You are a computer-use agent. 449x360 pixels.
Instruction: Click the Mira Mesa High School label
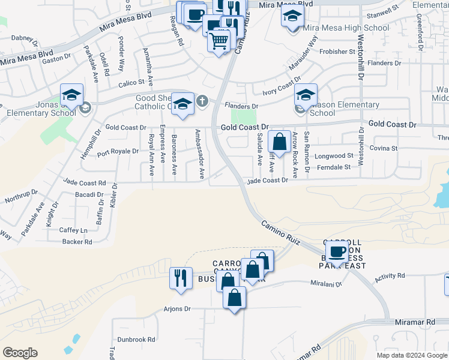346,28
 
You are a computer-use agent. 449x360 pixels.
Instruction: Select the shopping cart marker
220,41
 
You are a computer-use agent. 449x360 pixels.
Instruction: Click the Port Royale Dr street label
118,151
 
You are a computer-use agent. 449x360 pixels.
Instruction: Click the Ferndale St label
334,167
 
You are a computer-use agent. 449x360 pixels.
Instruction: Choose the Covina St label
384,148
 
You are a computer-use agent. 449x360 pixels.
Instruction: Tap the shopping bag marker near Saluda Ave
280,142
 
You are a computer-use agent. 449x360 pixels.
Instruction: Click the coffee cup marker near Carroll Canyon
337,251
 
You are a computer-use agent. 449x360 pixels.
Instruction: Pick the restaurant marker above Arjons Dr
181,278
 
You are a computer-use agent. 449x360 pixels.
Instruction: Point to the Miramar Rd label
415,322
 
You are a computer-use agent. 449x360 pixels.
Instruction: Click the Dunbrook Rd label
137,339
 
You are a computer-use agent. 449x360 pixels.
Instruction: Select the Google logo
20,353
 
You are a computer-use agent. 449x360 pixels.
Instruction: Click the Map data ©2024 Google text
411,355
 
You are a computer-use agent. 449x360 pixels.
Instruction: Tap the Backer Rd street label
77,242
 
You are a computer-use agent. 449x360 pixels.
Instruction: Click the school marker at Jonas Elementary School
71,95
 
